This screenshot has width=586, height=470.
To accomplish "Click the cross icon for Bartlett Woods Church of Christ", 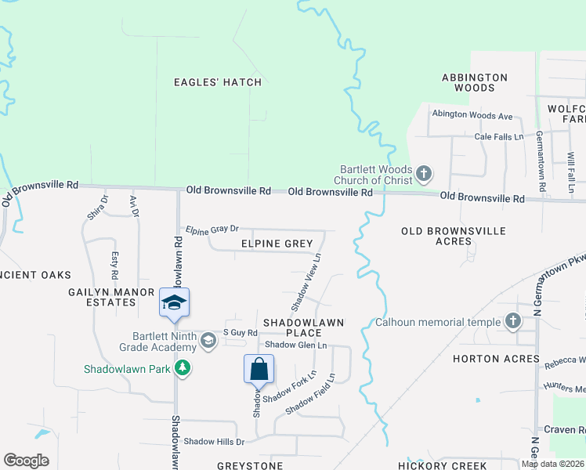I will pos(424,174).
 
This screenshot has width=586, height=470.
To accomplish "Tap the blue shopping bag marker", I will pos(259,369).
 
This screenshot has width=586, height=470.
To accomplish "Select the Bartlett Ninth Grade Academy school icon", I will pos(208,340).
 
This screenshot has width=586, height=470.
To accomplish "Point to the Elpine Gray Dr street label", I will pos(212,230).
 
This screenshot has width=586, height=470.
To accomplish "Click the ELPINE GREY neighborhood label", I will pos(277,244).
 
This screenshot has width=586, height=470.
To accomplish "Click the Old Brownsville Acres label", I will pos(454,237).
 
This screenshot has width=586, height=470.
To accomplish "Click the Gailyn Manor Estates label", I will pos(113,297).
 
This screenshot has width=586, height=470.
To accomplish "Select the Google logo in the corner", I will pos(26,461).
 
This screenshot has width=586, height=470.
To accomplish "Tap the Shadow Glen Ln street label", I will pos(295,345).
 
